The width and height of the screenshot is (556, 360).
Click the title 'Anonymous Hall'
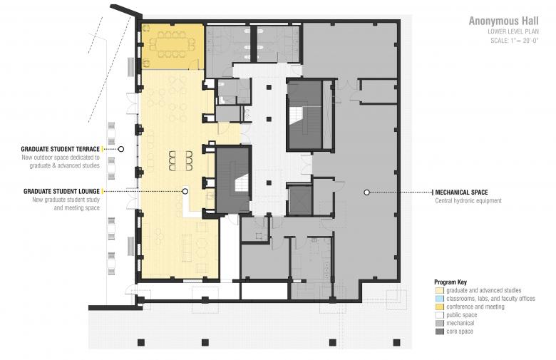click(503, 21)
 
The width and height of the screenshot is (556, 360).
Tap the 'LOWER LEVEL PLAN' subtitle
click(513, 32)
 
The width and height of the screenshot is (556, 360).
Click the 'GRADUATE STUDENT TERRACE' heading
click(61, 149)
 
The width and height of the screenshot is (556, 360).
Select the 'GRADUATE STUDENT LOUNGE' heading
click(61, 192)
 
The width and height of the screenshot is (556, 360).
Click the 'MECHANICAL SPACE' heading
click(461, 192)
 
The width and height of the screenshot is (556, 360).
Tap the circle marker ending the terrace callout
click(121, 149)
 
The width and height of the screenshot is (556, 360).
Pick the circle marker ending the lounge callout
click(185, 192)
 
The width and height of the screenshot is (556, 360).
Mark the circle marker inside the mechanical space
click(367, 192)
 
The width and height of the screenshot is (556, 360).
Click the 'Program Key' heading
click(451, 282)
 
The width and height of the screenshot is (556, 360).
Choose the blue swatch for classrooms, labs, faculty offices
click(440, 299)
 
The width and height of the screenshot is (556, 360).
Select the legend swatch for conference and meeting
click(440, 307)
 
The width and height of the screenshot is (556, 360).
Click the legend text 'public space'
click(462, 315)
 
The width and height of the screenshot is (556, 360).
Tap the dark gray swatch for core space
click(440, 331)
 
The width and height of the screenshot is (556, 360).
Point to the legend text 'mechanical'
click(460, 323)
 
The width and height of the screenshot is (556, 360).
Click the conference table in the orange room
click(172, 45)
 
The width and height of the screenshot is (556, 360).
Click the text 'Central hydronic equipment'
click(468, 201)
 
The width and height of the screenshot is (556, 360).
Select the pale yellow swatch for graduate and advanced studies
click(440, 290)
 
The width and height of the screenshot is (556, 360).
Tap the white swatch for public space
click(440, 315)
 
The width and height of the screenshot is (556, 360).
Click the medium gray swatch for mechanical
click(440, 323)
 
